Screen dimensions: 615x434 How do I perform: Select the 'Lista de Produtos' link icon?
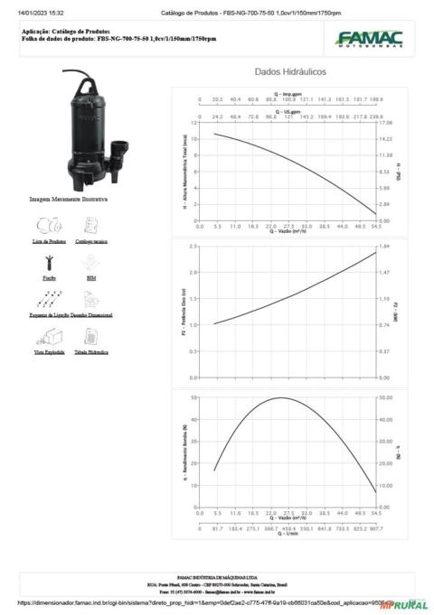[x=49, y=225]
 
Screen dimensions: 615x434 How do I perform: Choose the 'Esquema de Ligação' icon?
[x=49, y=299]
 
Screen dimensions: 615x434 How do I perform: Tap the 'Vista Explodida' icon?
[x=49, y=337]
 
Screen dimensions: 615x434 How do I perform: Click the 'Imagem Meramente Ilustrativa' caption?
[x=69, y=198]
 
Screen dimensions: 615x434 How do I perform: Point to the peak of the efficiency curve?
[x=281, y=397]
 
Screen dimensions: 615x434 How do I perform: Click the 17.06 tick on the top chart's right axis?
[x=386, y=122]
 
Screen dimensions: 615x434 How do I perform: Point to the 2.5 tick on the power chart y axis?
[x=193, y=246]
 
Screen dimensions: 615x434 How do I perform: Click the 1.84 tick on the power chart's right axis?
[x=384, y=246]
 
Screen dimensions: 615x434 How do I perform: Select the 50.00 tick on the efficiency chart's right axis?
[x=386, y=397]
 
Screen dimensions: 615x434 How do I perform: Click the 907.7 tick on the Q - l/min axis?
[x=375, y=529]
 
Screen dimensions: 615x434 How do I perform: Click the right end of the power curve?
[x=375, y=252]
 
